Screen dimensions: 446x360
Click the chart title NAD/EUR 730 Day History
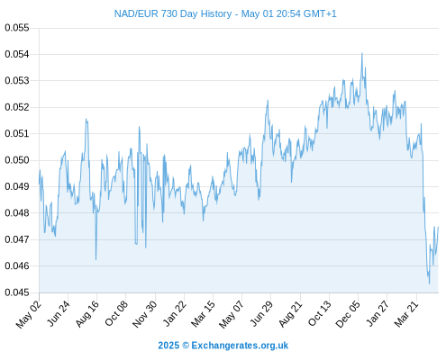(x=173, y=13)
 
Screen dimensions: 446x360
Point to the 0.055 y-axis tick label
(x=17, y=28)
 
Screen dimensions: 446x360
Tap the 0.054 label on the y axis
(x=17, y=54)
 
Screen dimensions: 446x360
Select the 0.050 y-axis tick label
(x=17, y=160)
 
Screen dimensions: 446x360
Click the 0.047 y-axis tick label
(x=17, y=239)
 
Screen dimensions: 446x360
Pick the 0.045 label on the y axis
(x=17, y=292)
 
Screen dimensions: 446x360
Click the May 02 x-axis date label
(x=28, y=314)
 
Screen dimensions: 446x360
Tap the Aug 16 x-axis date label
(x=87, y=313)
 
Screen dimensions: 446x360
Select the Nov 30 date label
(x=145, y=314)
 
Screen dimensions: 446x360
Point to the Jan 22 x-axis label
(x=175, y=313)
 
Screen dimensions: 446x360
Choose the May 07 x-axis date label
(x=231, y=314)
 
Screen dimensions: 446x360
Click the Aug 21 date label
(x=290, y=313)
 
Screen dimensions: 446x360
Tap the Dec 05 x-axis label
(x=348, y=314)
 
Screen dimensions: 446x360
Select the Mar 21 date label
(x=406, y=313)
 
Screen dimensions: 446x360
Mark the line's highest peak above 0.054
(x=362, y=53)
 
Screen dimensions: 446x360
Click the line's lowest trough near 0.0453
(x=429, y=283)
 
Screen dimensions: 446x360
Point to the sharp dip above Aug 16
(x=96, y=259)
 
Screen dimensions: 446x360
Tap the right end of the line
(x=438, y=227)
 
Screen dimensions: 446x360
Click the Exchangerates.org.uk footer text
(x=240, y=346)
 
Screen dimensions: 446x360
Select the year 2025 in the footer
(x=168, y=346)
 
